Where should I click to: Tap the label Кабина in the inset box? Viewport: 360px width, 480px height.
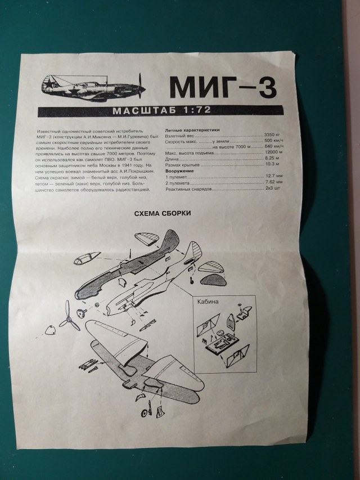tap(209, 301)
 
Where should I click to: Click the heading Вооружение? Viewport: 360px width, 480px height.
tap(181, 171)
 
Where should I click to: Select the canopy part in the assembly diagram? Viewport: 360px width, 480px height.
tap(86, 261)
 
